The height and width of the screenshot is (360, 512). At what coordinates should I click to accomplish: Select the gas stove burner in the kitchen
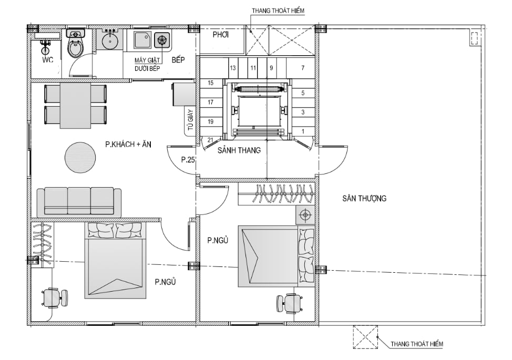pos(161,40)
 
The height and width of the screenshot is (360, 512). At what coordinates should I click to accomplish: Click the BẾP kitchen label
pos(178,60)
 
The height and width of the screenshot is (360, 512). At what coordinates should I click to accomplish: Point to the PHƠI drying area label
pos(220,35)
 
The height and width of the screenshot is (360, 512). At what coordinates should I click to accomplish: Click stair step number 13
pos(233,68)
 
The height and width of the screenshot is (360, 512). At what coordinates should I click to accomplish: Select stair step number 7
pos(303,68)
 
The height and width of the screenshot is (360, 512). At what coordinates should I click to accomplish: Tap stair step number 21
pos(211,140)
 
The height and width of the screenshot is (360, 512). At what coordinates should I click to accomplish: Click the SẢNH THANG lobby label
pos(239,150)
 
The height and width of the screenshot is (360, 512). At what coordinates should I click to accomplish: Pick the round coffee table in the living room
pos(80,158)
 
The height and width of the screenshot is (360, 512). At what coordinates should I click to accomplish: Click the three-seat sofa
pos(79,202)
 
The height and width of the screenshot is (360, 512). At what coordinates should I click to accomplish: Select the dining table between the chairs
pos(75,106)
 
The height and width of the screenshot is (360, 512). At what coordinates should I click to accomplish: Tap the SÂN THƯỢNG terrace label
pos(364,199)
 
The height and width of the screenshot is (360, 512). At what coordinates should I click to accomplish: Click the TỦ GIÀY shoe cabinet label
pos(191,120)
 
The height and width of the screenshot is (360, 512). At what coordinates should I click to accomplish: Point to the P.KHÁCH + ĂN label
pos(128,144)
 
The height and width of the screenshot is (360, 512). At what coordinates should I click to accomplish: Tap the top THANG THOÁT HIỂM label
pos(278,11)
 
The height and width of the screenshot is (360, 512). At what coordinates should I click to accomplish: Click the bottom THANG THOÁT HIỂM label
pos(417,344)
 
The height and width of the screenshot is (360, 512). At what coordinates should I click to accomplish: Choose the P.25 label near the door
pos(188,160)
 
